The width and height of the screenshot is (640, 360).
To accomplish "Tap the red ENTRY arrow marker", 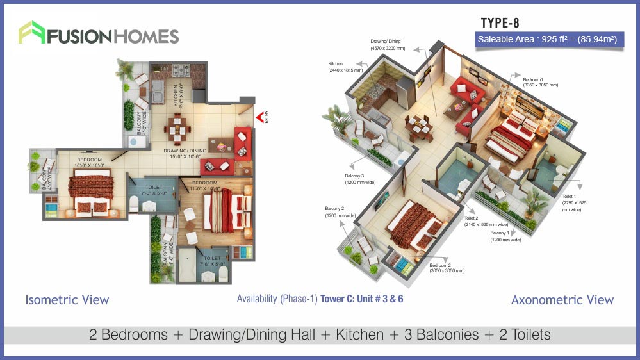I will click(260, 117).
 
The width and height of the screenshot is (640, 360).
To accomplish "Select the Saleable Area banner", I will click(546, 39).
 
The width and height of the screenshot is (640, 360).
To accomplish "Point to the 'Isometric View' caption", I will click(67, 300).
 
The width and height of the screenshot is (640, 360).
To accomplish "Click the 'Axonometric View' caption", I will click(562, 300).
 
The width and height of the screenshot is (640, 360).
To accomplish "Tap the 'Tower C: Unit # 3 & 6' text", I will click(362, 299).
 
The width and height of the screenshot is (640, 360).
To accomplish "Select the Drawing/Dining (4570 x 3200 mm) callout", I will click(388, 45).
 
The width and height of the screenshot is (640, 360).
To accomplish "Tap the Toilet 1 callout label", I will click(575, 202).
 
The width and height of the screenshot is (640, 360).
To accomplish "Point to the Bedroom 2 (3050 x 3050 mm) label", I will click(447, 268).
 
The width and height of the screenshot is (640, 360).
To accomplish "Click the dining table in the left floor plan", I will click(176, 128).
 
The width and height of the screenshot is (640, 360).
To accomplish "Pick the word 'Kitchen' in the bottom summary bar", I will click(359, 335).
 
